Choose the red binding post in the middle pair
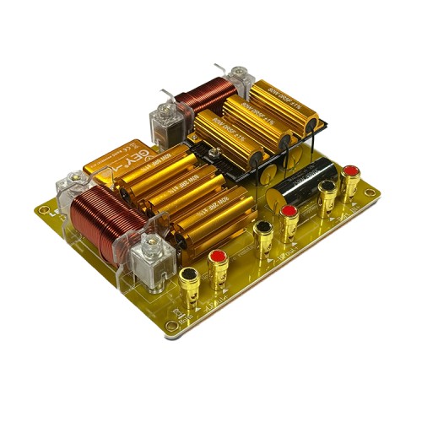(x=289, y=213)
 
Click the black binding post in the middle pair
(x=263, y=230)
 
